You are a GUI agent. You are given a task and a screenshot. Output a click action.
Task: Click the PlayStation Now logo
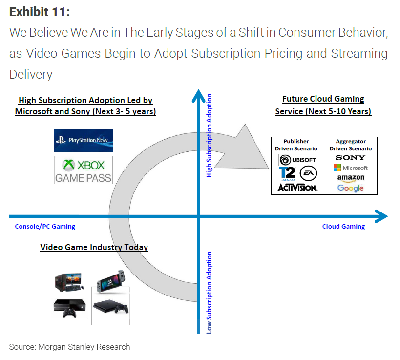pos(83,141)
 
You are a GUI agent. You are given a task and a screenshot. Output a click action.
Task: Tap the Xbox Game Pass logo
pos(83,170)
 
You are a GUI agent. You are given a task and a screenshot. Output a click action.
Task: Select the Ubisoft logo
pos(297,160)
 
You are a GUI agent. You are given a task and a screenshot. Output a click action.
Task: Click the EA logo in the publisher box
pos(308,173)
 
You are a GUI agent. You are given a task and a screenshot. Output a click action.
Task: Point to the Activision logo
pos(297,187)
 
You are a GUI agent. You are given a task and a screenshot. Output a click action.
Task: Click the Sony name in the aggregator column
pos(350,157)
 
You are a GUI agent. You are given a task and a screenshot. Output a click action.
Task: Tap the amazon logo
pos(350,178)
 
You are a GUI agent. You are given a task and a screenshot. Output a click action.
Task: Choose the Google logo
pos(350,188)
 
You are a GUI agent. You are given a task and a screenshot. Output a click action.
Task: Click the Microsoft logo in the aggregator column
pos(350,168)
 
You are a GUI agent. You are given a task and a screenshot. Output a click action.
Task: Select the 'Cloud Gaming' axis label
pos(343,226)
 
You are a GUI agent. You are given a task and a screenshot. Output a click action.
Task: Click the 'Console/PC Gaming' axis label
pos(45,226)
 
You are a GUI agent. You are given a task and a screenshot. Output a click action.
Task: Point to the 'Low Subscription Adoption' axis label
pos(209,293)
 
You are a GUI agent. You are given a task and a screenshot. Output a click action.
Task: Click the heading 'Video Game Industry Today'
pos(94,247)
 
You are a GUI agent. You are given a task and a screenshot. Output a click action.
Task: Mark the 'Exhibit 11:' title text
pos(40,12)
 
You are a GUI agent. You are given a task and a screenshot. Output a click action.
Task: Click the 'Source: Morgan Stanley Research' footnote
pos(69,347)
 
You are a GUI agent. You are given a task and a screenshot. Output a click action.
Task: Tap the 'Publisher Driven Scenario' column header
pos(297,145)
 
